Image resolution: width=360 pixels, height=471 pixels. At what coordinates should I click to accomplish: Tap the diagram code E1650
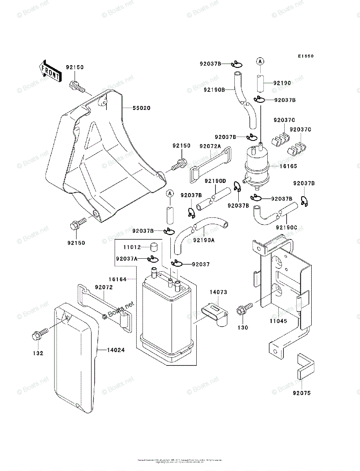305,56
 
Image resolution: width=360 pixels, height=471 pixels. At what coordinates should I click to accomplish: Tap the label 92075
302,392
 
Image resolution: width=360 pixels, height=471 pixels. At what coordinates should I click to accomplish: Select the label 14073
218,292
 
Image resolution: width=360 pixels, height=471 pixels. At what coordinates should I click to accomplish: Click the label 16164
118,279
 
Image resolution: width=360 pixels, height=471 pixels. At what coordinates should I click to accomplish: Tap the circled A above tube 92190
259,61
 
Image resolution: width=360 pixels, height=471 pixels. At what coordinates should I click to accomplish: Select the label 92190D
215,181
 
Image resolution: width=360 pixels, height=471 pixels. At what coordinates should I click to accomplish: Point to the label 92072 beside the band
104,287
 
